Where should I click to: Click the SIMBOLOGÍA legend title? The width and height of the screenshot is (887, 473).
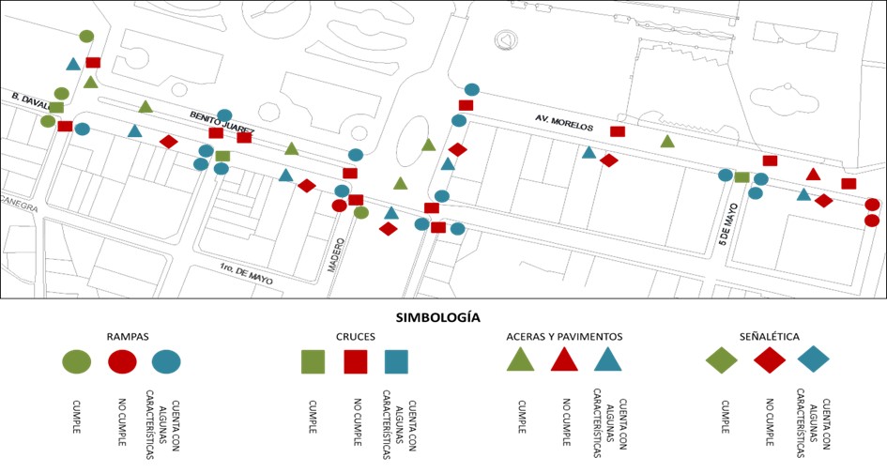pos(444,317)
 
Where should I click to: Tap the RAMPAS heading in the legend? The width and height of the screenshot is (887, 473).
pos(130,336)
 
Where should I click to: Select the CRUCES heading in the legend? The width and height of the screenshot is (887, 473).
pos(356,336)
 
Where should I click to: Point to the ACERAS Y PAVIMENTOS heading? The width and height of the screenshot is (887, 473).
pos(563,336)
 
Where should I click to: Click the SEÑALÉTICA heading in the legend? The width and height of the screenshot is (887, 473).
pos(769,336)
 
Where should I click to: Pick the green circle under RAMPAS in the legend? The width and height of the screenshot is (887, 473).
pos(77,360)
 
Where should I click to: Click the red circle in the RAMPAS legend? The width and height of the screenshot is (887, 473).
pos(122,360)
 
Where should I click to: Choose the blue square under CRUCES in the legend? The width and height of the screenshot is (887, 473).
pos(396,361)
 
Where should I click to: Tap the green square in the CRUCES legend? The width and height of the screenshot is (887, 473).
pos(313,361)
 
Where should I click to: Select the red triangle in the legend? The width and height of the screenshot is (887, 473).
pos(563,359)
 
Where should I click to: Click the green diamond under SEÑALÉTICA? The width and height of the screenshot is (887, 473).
pos(722,360)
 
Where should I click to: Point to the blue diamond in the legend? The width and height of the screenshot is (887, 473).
pos(814,360)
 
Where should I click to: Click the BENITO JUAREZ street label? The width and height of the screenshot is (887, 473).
pos(222,122)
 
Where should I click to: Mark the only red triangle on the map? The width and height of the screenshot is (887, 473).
pos(814,175)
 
